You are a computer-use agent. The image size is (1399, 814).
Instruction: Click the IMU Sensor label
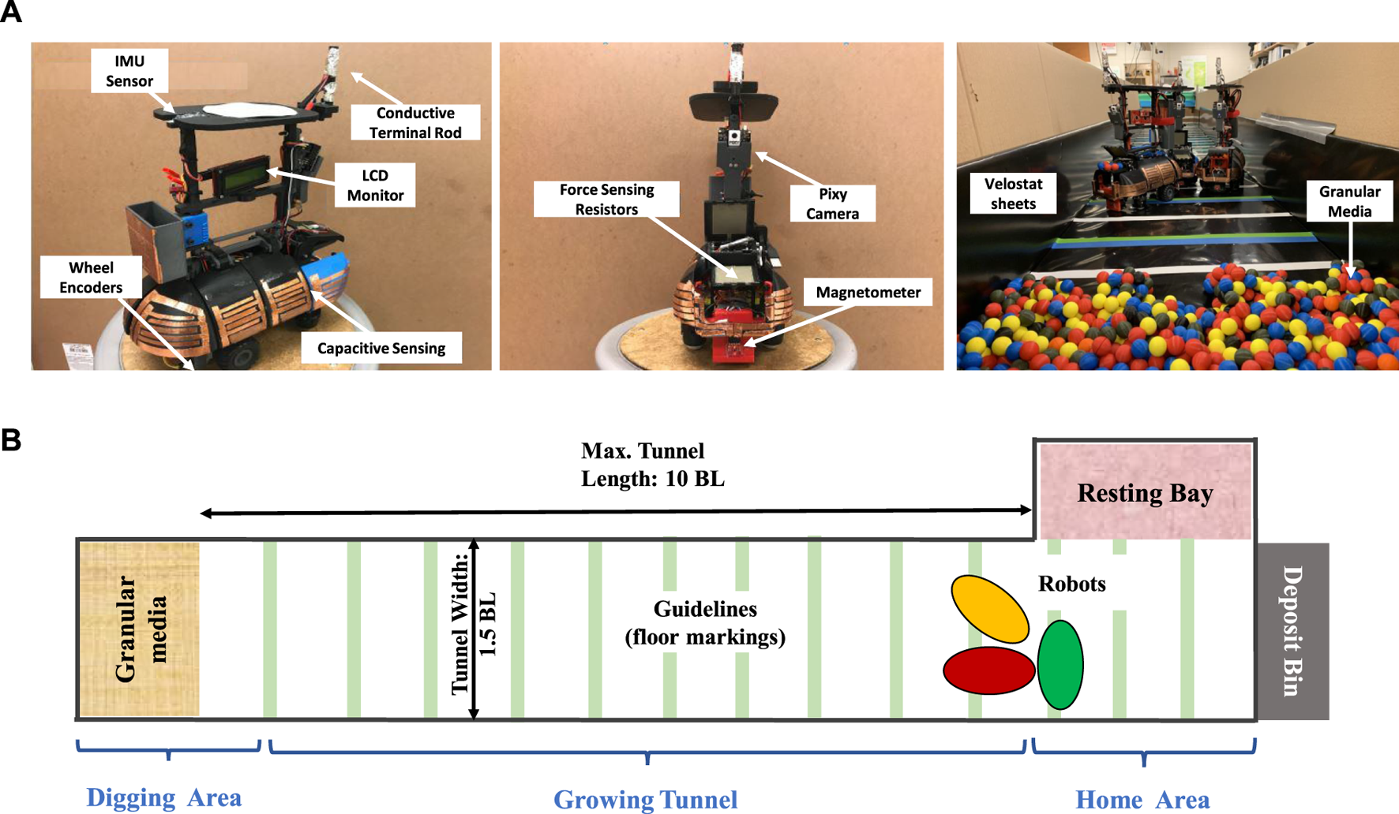tap(129, 71)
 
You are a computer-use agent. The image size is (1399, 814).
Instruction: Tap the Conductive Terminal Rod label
tap(414, 122)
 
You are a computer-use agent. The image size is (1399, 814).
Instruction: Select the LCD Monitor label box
tap(375, 185)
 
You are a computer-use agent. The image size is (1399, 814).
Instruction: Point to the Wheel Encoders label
tap(91, 278)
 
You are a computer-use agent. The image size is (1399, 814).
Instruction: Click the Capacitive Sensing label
tap(381, 348)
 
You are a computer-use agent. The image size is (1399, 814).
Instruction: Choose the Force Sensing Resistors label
tap(606, 200)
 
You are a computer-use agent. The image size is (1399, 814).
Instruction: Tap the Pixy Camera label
tap(832, 203)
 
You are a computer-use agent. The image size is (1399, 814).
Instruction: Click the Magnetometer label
tap(868, 293)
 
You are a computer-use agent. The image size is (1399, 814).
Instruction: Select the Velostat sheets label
tap(1013, 194)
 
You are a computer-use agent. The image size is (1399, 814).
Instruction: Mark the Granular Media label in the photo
tap(1349, 201)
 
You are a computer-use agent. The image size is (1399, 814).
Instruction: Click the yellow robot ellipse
tap(990, 609)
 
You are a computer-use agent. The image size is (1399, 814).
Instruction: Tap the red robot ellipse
tap(988, 671)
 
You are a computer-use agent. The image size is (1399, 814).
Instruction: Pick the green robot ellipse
tap(1060, 665)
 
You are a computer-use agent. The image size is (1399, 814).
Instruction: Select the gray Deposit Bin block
tap(1292, 631)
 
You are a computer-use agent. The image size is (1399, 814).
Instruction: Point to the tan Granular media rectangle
tap(139, 629)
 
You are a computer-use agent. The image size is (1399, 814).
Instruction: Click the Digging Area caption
tap(164, 797)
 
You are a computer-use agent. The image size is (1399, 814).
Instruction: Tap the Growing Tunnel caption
tap(645, 799)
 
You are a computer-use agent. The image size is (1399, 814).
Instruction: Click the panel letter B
tap(11, 440)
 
